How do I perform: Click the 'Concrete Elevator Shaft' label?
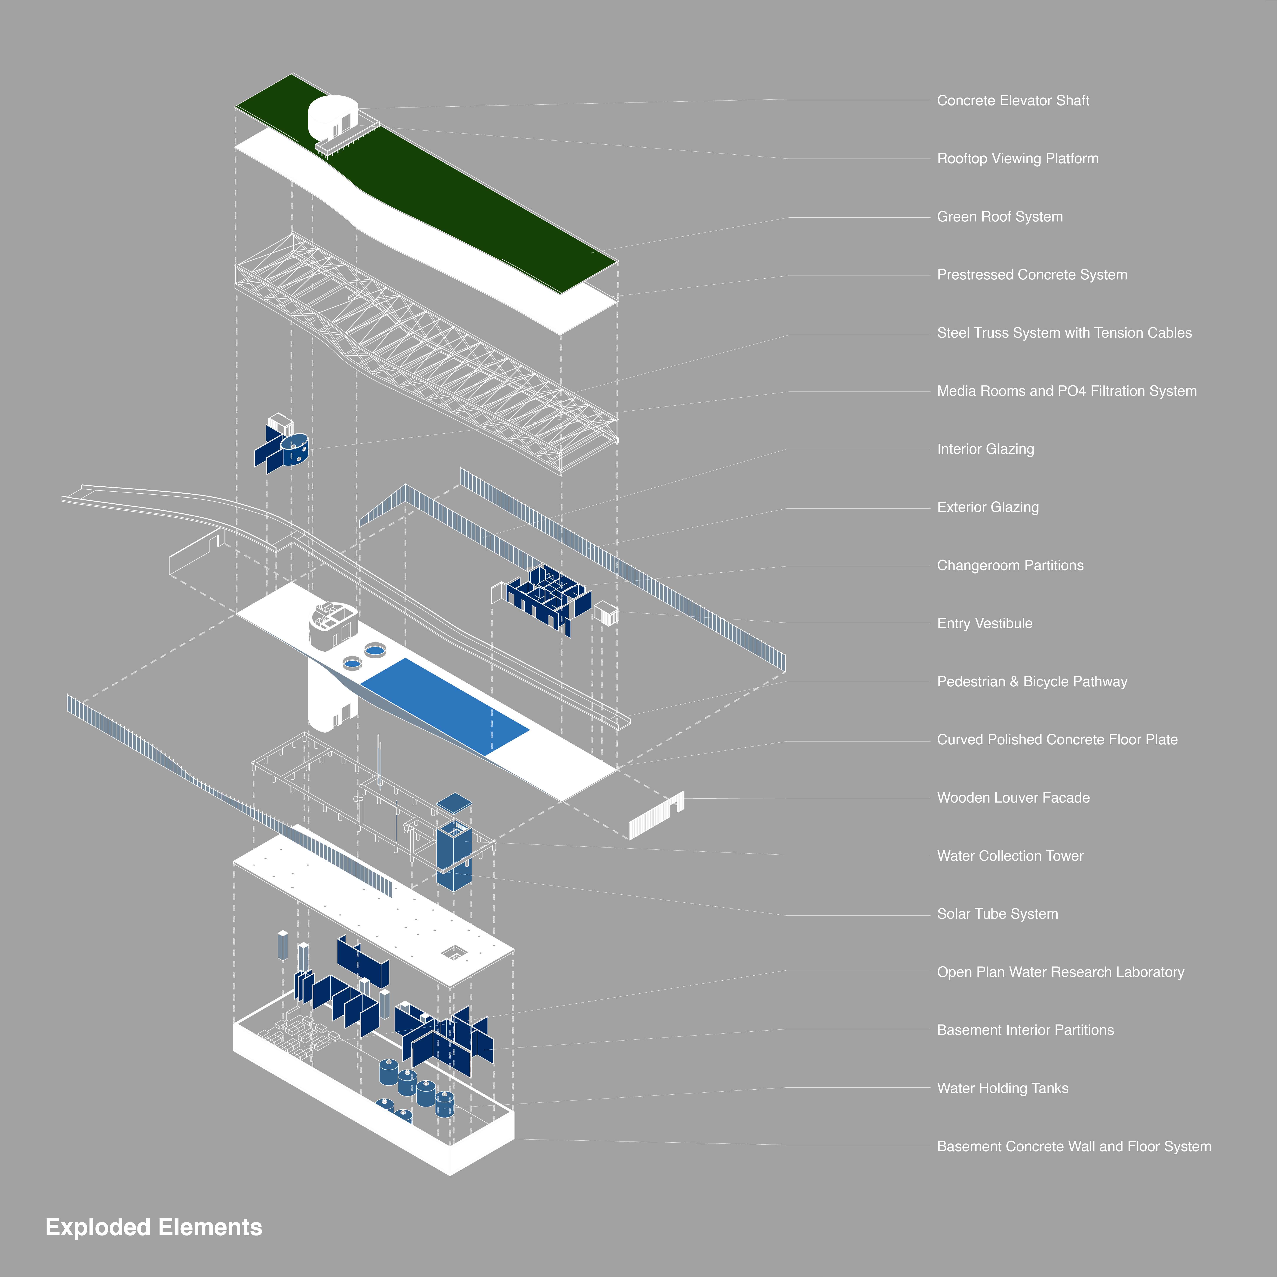1013,101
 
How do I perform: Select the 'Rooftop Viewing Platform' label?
1017,159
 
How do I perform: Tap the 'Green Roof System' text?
999,217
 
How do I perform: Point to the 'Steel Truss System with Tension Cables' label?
1064,333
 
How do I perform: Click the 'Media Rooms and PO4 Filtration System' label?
1066,391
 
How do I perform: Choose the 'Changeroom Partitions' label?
1010,566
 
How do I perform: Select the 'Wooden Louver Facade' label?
1013,798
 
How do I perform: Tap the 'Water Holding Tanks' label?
1002,1089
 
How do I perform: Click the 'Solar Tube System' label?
997,914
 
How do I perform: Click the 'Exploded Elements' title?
153,1227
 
